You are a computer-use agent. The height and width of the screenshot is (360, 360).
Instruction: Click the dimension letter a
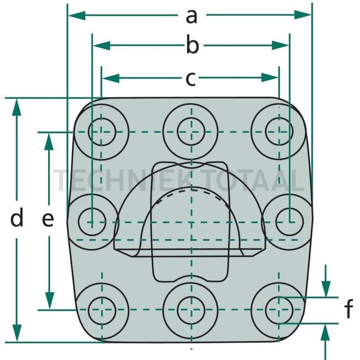coord(191,16)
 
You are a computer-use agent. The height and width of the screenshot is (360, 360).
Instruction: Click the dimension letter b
coord(192,47)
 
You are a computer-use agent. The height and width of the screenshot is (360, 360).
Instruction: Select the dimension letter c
coord(191,79)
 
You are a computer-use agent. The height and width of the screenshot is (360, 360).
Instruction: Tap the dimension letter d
coord(17,219)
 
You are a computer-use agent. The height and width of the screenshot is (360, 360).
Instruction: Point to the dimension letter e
coord(48,220)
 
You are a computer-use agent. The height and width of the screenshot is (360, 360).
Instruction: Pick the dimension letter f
coord(348,310)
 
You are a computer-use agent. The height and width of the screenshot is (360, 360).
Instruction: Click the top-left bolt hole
coord(101,132)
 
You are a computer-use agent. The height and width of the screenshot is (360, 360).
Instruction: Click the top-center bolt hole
coord(191,132)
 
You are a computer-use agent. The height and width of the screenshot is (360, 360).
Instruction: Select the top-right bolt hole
coord(279,132)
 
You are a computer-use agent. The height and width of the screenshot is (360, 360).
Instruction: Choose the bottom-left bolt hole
coord(101,308)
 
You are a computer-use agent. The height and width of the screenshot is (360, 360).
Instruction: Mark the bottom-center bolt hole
coord(191,308)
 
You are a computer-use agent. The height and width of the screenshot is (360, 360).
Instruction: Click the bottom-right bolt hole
coord(279,308)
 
